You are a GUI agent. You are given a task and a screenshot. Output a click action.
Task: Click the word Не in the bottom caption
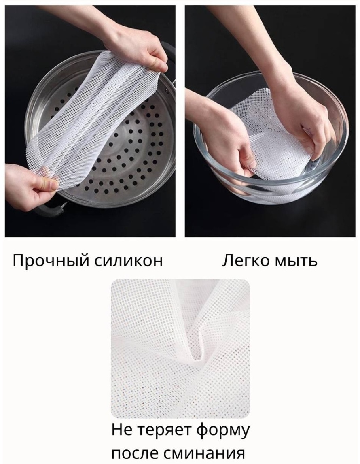(x=122, y=430)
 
